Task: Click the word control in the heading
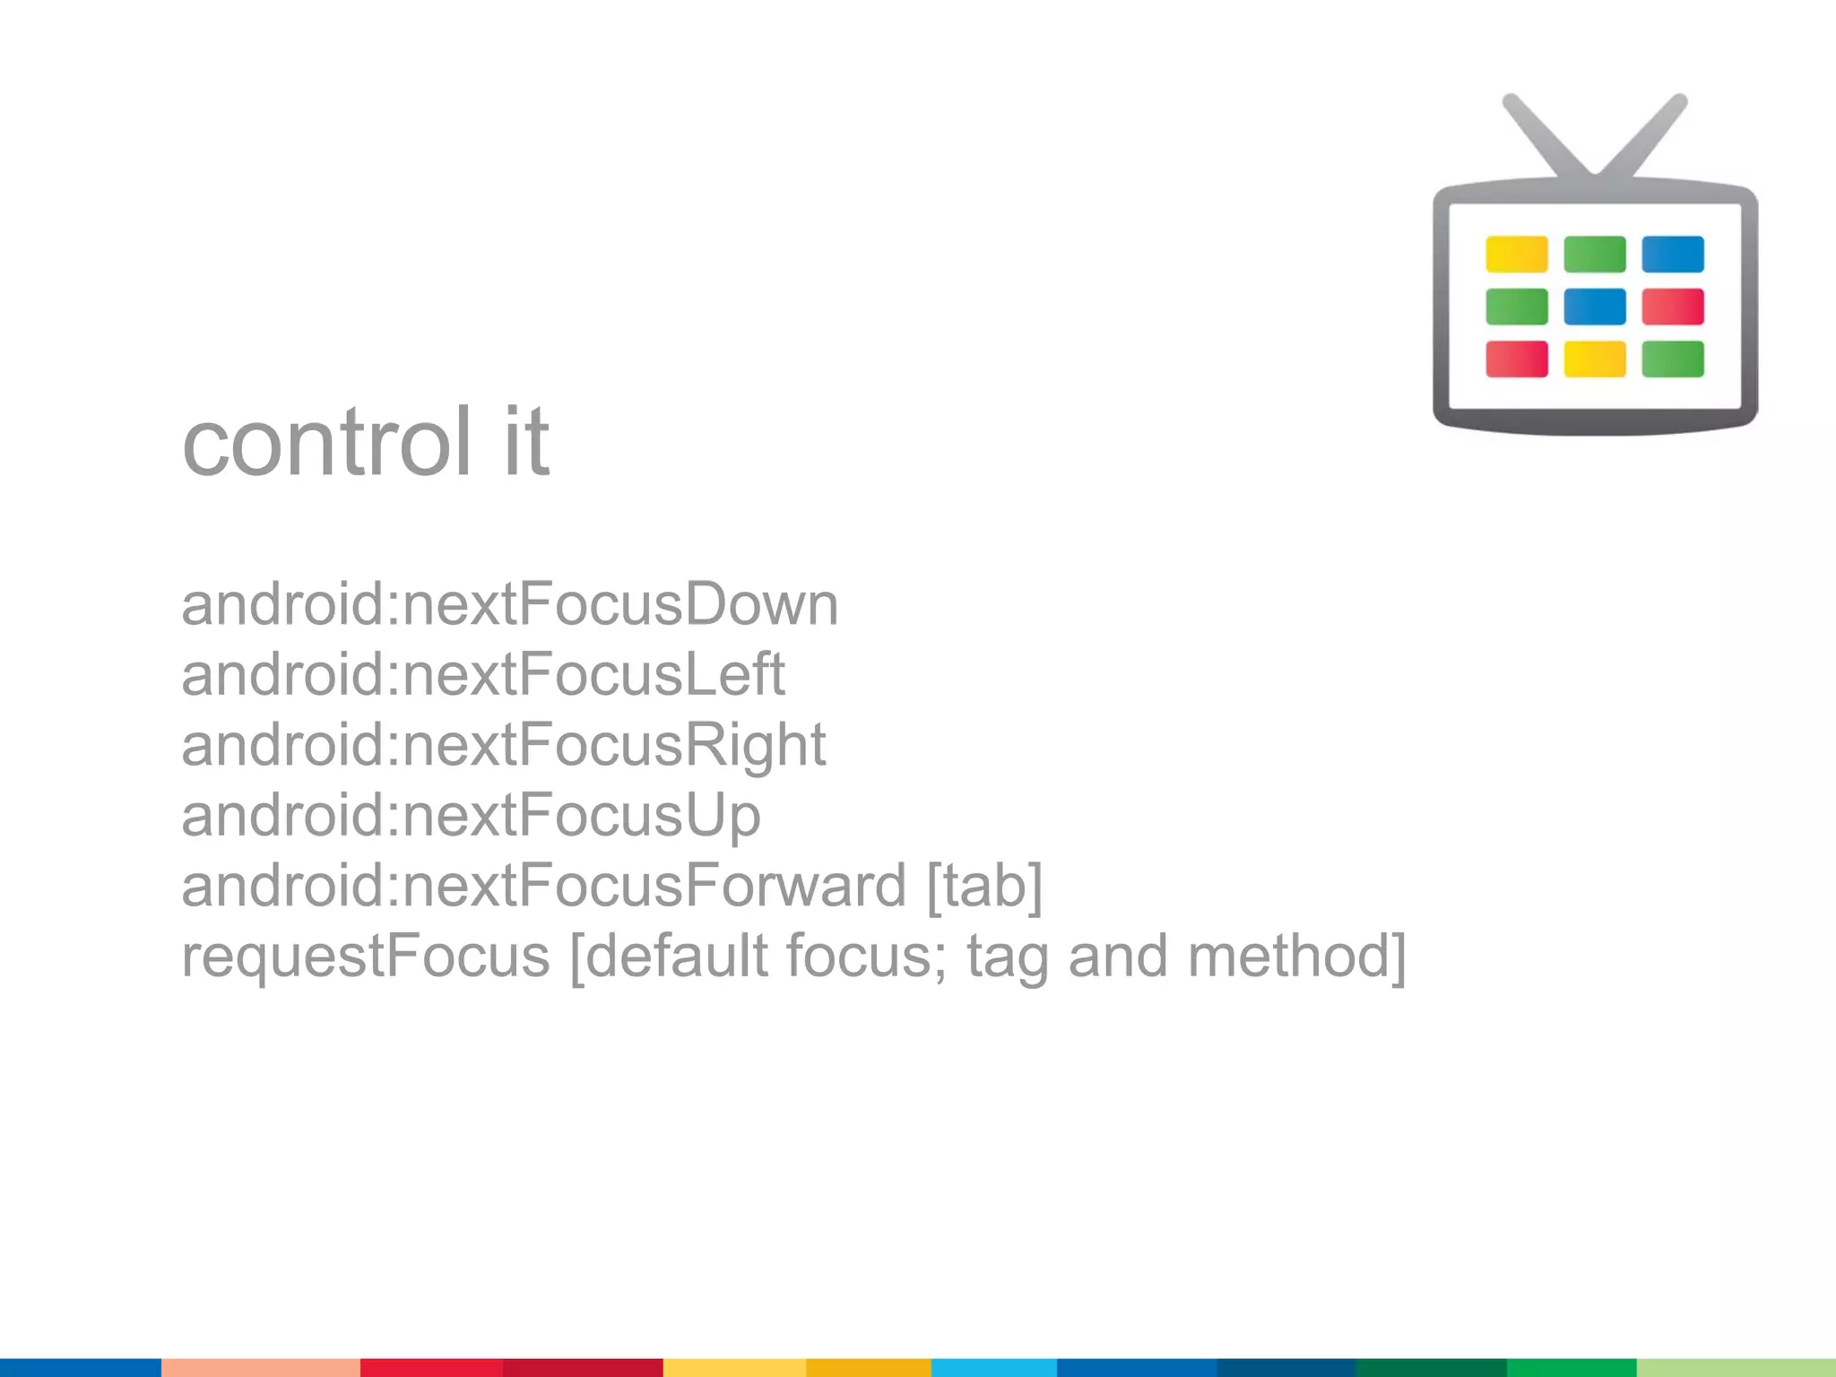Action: pos(326,442)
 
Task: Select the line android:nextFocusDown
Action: pos(509,605)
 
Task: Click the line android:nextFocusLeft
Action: pos(483,675)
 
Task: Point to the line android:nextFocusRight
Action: pos(503,745)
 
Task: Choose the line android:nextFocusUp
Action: pos(471,815)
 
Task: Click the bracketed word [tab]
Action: pos(984,886)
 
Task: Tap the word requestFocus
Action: pos(365,956)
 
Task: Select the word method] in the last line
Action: pos(1296,956)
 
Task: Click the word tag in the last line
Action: pos(1007,957)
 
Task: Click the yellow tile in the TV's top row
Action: pos(1516,255)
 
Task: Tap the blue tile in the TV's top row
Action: pos(1673,255)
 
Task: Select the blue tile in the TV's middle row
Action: pos(1594,307)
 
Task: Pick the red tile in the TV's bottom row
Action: pos(1516,359)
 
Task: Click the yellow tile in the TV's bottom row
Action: pos(1594,359)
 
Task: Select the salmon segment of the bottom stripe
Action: pos(260,1367)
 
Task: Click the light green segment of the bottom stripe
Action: pos(1736,1367)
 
